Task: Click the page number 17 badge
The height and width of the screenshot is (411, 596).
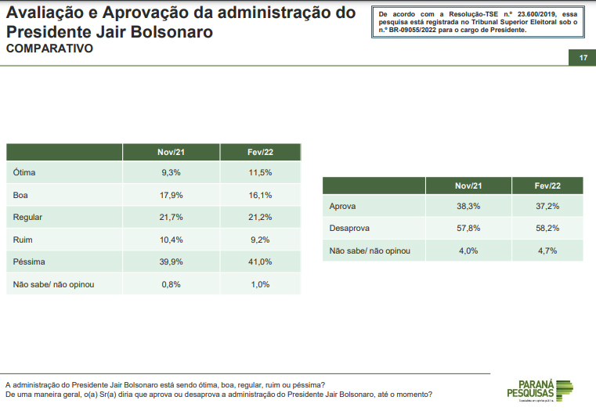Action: (x=583, y=59)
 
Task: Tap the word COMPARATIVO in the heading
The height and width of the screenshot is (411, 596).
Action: (x=49, y=49)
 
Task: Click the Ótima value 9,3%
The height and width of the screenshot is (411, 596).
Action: (x=171, y=172)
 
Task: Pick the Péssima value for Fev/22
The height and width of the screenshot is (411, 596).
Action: (x=261, y=261)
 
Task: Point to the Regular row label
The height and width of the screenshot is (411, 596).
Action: (x=28, y=217)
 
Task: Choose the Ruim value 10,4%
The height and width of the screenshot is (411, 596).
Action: (x=171, y=240)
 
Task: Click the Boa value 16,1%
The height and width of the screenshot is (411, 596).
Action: (x=261, y=195)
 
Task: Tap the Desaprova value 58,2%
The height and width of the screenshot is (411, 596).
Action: (x=547, y=229)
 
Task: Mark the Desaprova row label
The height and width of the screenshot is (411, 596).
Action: (x=349, y=229)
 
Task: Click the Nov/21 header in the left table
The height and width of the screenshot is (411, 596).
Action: (x=171, y=151)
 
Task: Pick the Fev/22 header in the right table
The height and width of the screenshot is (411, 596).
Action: (x=547, y=186)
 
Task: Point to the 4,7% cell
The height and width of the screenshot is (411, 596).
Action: (x=547, y=251)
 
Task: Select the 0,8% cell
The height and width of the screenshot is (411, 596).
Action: (x=171, y=284)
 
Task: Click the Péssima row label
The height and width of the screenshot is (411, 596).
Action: (x=31, y=261)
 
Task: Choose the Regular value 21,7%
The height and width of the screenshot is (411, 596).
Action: (x=171, y=217)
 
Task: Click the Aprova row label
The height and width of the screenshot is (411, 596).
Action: (x=343, y=206)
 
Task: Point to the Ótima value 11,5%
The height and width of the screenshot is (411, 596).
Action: (x=261, y=172)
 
